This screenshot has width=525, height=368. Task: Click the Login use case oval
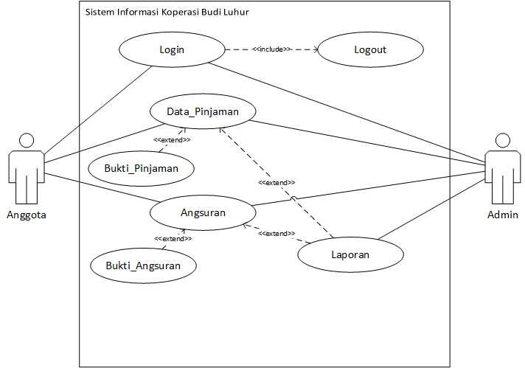coord(171,50)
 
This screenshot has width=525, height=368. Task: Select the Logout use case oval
coord(370,50)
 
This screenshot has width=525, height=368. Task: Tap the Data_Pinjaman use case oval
coord(202,111)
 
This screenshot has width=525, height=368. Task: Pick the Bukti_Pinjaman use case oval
coord(141,167)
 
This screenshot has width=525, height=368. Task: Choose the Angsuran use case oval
coord(203,213)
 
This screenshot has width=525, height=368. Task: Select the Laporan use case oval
coord(350,254)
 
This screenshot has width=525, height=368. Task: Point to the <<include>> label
coord(271,49)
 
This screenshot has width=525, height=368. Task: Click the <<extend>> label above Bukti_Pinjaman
coord(172,139)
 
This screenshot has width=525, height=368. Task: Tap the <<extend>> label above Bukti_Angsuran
coord(173,238)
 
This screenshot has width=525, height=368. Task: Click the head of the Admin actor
coord(503,140)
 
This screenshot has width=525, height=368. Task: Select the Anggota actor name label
coord(27,215)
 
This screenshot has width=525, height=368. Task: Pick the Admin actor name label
coord(503,215)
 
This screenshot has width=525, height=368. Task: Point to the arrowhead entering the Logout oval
coord(317,50)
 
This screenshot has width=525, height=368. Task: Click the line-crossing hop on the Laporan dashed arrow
coord(293,199)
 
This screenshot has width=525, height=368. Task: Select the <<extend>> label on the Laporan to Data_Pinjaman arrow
coord(277,182)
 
